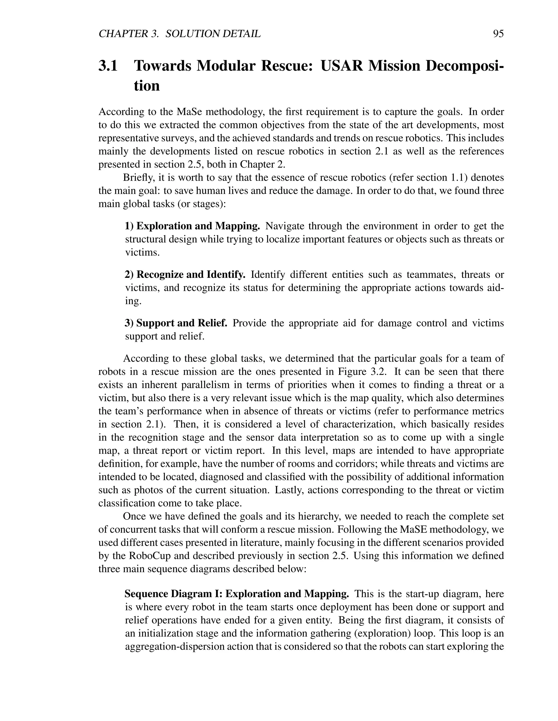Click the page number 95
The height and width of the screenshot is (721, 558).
(498, 34)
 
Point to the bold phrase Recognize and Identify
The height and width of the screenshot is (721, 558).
(191, 275)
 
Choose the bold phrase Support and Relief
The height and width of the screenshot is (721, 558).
(181, 323)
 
